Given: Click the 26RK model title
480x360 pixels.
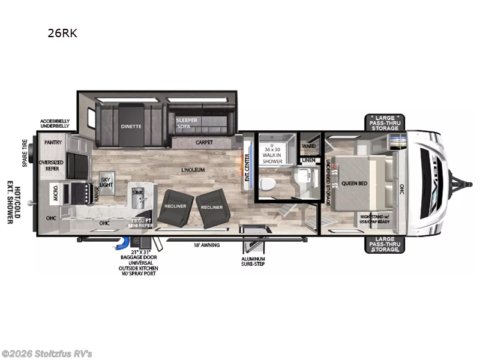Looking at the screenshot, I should click(x=62, y=34).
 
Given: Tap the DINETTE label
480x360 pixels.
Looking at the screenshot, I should click(x=131, y=127).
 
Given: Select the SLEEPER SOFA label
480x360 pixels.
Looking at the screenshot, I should click(x=187, y=124).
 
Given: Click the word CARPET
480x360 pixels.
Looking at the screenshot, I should click(x=204, y=143).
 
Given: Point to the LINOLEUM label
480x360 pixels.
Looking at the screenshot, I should click(x=193, y=170).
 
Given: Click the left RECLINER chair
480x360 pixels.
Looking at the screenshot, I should click(x=176, y=208).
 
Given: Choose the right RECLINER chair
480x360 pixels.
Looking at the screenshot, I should click(x=212, y=208).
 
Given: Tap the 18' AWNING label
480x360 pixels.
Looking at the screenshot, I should click(x=206, y=245).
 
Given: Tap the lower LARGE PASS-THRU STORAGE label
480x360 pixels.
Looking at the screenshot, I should click(x=384, y=244).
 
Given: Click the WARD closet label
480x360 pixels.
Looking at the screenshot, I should click(x=309, y=145).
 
